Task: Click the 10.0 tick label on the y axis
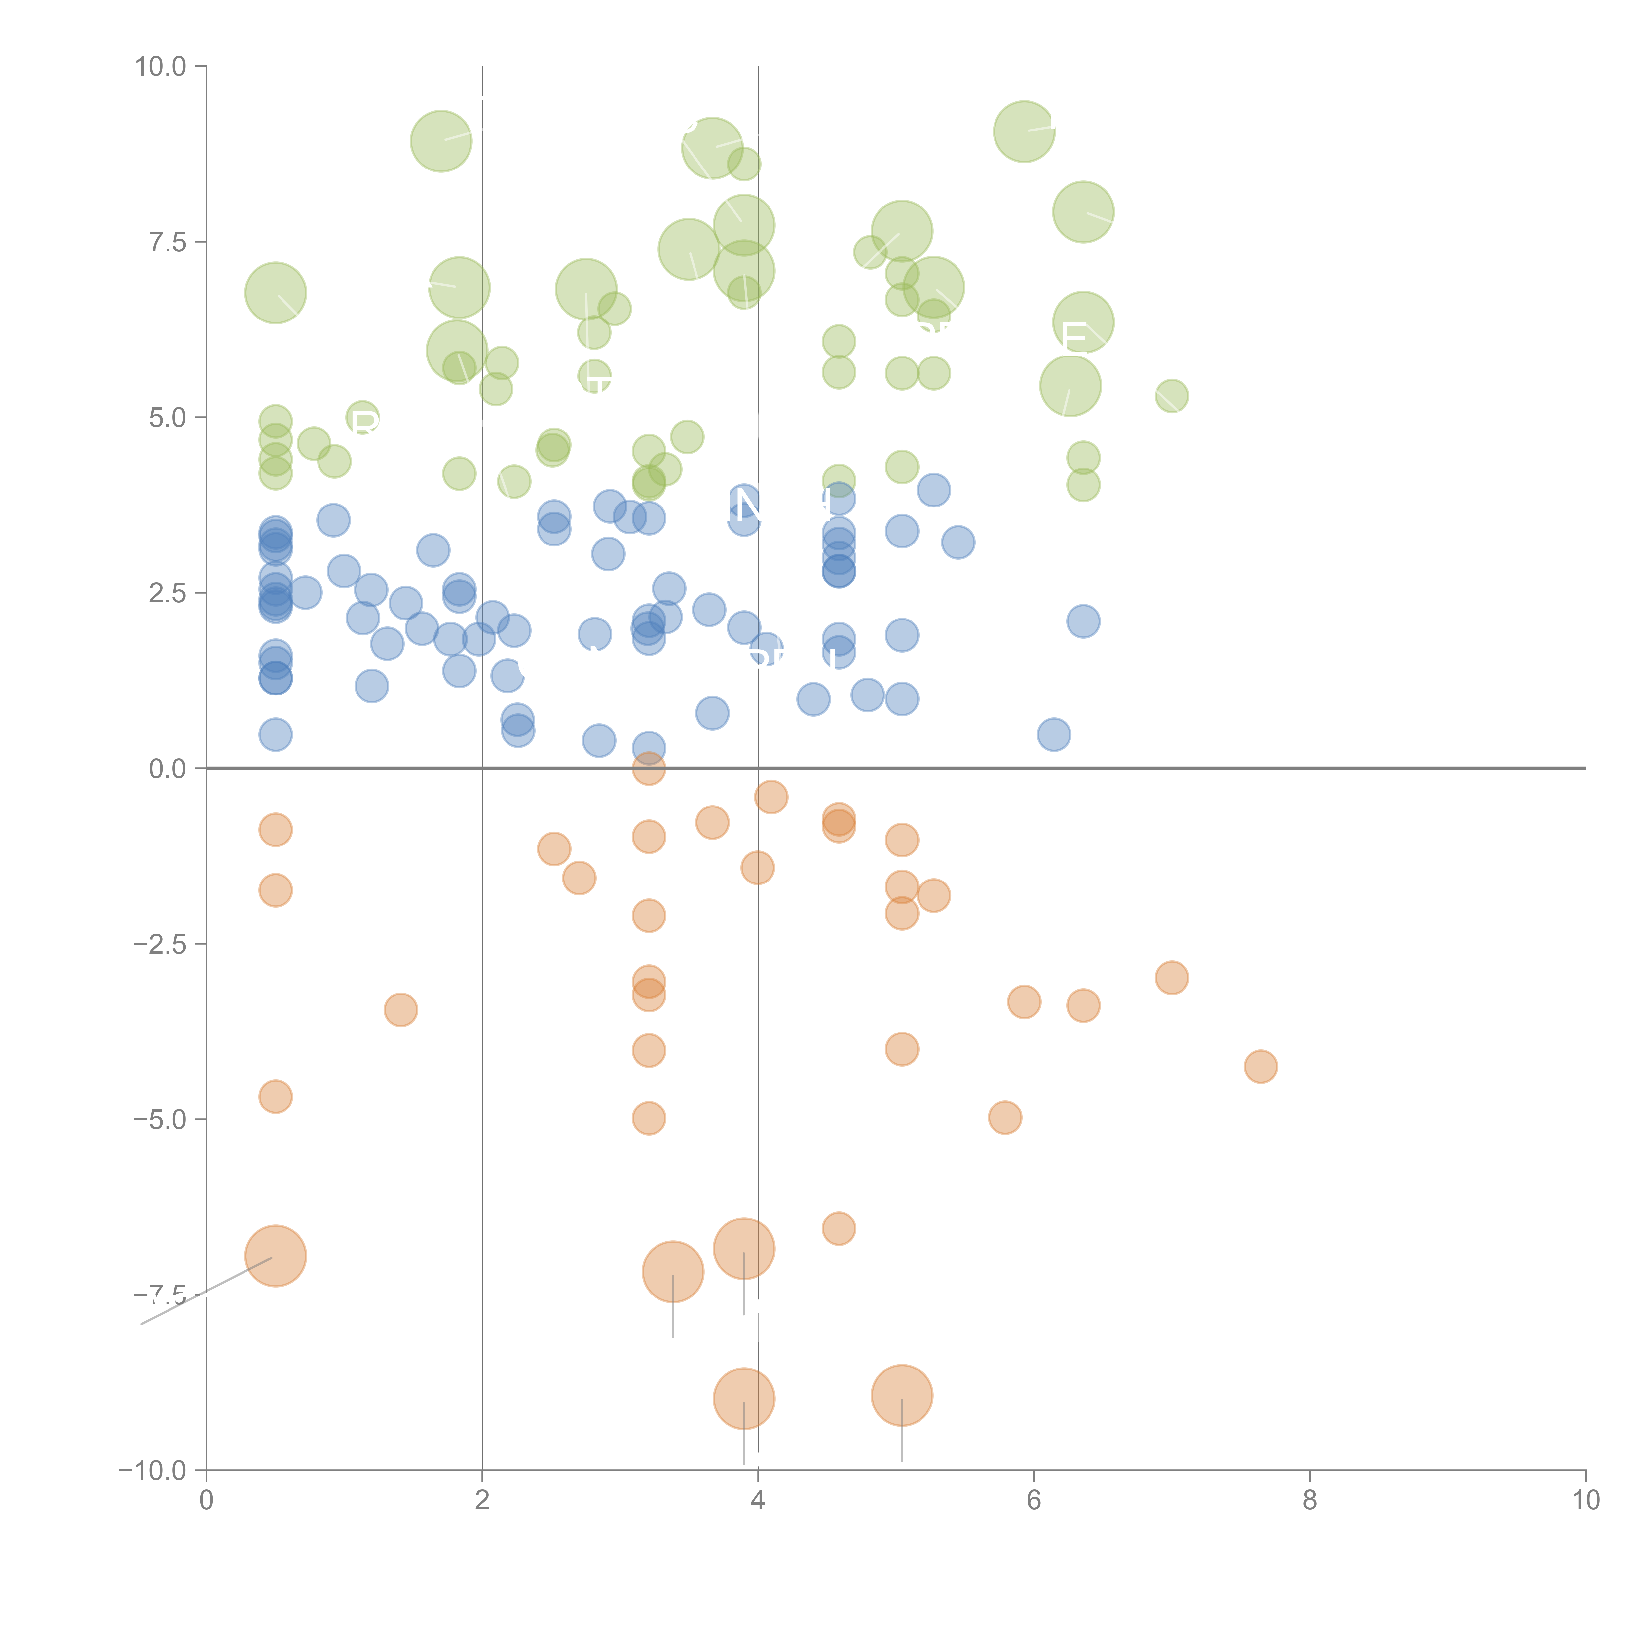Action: pos(161,67)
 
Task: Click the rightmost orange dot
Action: pos(1260,1066)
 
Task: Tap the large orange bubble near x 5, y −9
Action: pos(901,1396)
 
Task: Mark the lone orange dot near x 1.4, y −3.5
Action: pos(400,1010)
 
